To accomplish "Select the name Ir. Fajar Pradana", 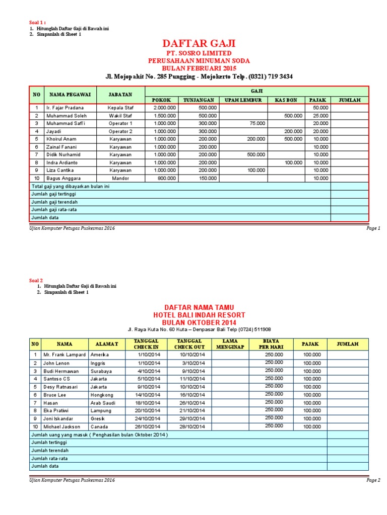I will [64, 108].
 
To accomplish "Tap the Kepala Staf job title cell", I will [120, 108].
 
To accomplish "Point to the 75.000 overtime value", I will [257, 123].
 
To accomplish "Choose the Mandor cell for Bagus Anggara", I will [120, 178].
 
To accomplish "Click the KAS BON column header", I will [285, 100].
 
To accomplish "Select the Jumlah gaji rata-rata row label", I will [54, 209].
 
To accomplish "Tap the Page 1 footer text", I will [373, 228].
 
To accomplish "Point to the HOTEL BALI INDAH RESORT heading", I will [199, 315].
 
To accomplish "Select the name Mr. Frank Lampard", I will [64, 355].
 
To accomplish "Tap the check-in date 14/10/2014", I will [148, 395].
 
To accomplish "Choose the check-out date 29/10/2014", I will [193, 418].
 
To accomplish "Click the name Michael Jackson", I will [62, 426].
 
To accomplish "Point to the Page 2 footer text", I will [373, 480].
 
